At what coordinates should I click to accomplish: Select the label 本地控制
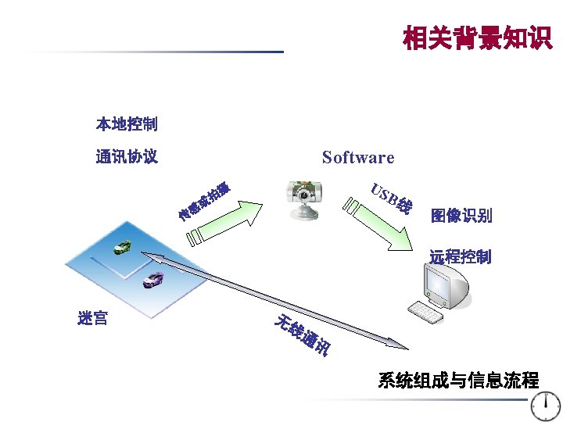127,123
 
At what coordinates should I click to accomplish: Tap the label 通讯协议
127,157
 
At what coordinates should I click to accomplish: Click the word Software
358,158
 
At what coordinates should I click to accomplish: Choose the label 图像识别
461,216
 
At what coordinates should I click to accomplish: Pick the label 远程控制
461,256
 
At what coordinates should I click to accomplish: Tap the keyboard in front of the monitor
425,313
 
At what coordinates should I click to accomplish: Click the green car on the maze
124,247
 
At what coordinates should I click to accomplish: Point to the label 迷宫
93,318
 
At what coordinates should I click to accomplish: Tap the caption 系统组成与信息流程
458,381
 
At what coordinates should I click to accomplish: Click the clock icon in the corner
545,406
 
